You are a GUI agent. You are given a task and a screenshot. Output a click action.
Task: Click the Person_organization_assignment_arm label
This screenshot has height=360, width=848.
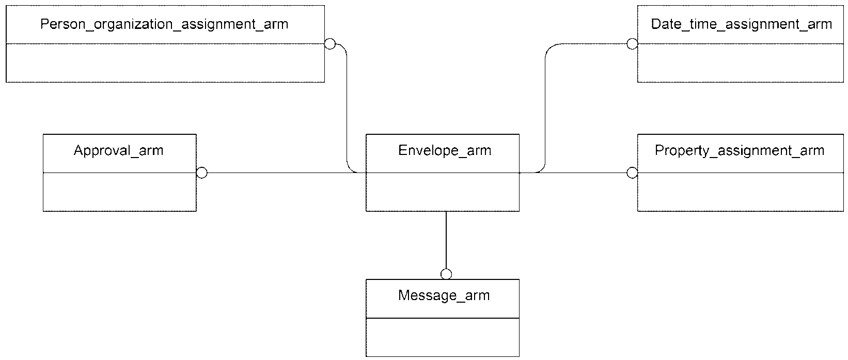[x=164, y=25]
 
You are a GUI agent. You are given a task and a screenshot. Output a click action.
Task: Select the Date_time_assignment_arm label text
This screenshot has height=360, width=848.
[x=741, y=25]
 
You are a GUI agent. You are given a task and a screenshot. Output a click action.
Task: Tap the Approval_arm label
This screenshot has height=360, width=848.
[x=118, y=151]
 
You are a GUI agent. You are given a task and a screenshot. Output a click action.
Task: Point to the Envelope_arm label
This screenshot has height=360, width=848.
[x=445, y=151]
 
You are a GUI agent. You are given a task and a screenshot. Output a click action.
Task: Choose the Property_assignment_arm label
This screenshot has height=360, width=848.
[x=740, y=151]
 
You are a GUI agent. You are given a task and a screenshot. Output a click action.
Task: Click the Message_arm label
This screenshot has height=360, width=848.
[x=444, y=295]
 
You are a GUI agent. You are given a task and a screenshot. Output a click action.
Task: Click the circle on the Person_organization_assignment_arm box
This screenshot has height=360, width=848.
[x=329, y=44]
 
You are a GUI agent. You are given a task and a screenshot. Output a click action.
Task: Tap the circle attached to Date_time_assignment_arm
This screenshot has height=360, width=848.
[x=632, y=44]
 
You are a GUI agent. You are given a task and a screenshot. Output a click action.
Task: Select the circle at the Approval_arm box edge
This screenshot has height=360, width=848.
[x=202, y=173]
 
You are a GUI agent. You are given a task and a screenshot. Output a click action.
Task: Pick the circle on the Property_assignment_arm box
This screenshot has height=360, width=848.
[x=632, y=173]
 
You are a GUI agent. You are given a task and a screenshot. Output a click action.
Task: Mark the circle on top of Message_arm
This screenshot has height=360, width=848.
[x=446, y=274]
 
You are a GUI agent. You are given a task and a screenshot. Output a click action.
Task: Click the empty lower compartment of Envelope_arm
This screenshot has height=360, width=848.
[x=443, y=192]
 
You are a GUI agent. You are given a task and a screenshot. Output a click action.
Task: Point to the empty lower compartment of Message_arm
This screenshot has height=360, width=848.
[x=443, y=337]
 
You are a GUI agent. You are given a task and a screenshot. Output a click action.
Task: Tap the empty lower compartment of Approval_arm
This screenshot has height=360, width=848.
[x=120, y=192]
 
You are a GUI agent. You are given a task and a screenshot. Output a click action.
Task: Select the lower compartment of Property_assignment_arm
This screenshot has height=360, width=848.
[x=741, y=192]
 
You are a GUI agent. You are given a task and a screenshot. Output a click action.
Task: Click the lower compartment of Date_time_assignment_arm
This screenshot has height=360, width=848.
[x=741, y=63]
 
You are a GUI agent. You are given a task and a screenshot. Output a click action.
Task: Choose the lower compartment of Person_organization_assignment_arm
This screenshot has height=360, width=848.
[x=165, y=63]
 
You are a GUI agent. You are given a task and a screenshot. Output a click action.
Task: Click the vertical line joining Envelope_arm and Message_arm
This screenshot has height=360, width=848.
[x=446, y=240]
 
